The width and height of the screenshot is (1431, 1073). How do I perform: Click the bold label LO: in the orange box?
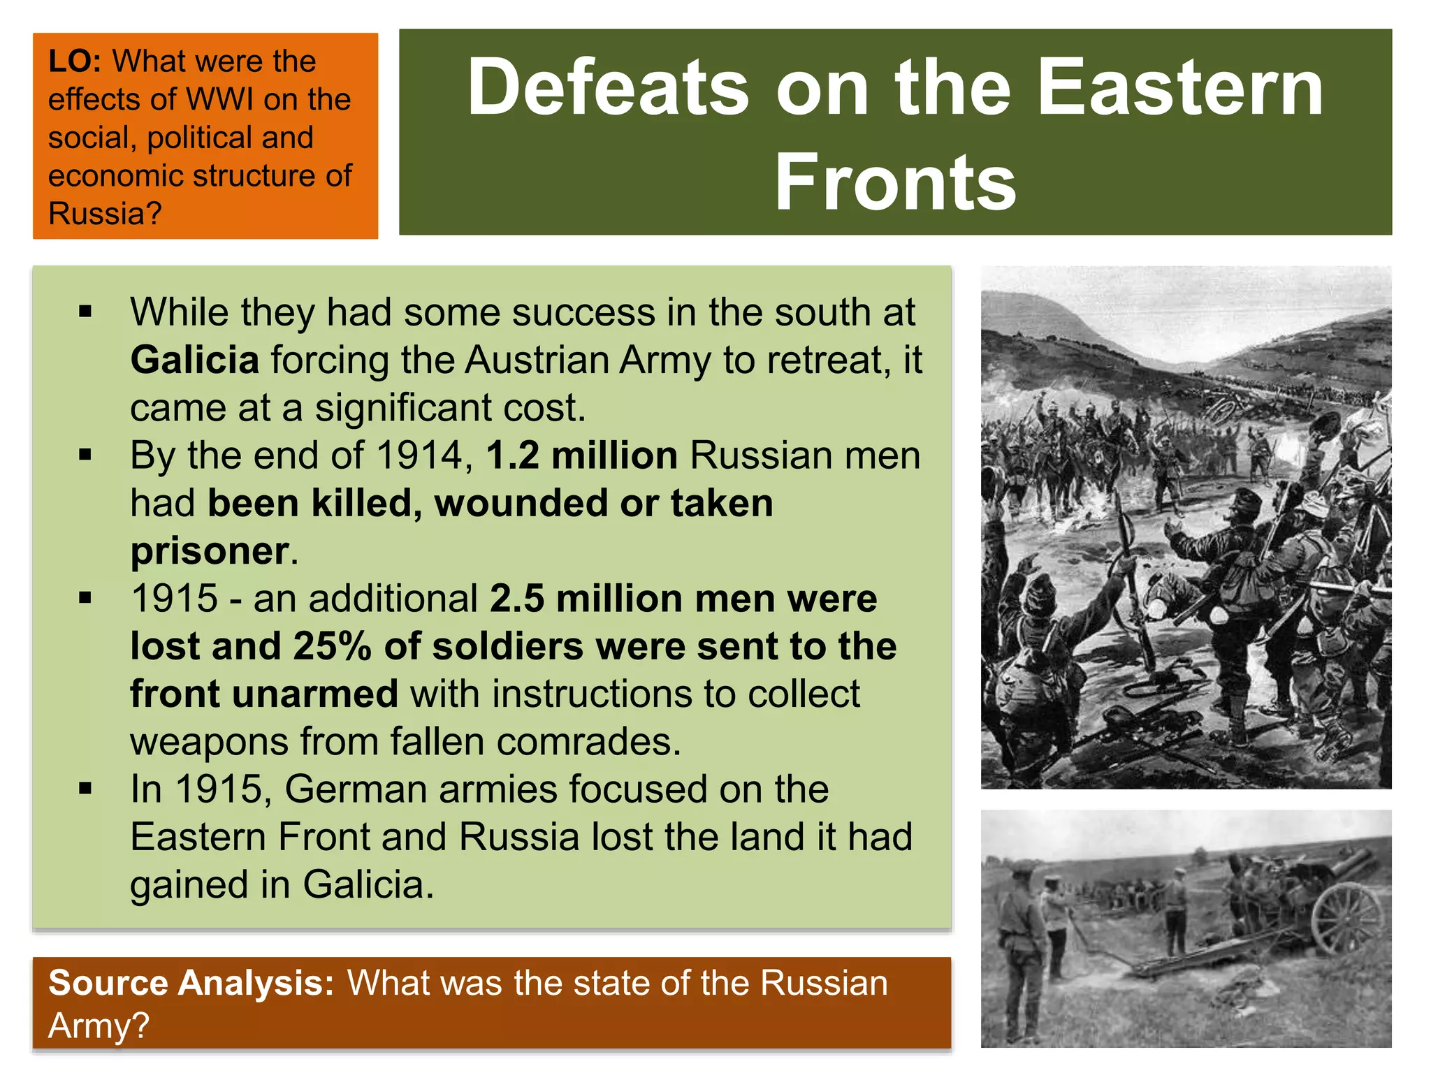point(75,61)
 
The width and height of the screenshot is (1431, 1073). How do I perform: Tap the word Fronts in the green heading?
point(895,182)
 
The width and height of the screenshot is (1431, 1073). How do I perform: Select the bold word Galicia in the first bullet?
point(195,360)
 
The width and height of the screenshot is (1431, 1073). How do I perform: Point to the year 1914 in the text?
point(419,455)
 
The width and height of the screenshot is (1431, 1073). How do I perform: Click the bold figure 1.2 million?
point(581,455)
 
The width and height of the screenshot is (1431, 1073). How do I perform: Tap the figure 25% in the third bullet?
point(332,646)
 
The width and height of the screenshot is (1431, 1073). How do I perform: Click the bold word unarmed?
point(314,694)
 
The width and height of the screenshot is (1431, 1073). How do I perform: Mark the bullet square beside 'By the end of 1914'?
point(85,455)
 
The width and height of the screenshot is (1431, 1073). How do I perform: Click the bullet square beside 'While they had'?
point(85,312)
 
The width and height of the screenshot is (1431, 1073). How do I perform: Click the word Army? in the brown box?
point(99,1025)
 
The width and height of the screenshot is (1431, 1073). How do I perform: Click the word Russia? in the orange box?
point(105,214)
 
